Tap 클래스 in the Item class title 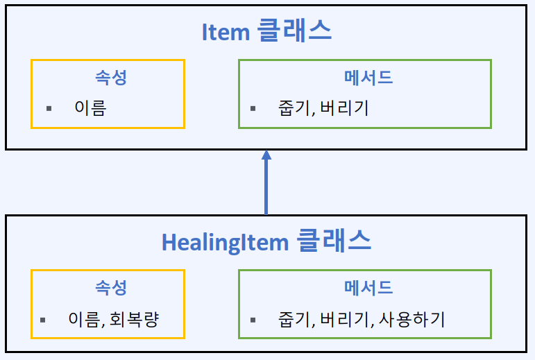[x=294, y=31]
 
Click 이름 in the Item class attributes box [x=90, y=108]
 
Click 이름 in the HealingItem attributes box [x=85, y=319]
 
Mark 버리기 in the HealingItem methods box [x=343, y=319]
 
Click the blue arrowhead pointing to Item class [x=266, y=156]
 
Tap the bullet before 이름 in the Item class [x=49, y=109]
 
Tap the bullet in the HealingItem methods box [x=253, y=320]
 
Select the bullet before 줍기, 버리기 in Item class [x=253, y=109]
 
